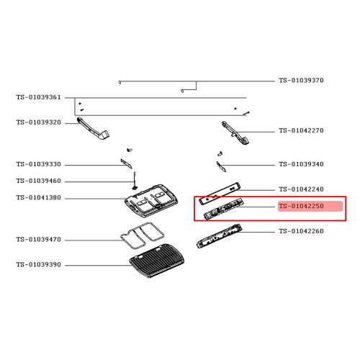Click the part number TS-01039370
click(x=301, y=80)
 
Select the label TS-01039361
click(x=39, y=97)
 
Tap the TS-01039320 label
click(x=39, y=122)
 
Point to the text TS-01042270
click(x=301, y=130)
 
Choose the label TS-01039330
click(x=39, y=164)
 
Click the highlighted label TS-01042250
click(x=301, y=206)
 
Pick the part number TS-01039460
click(x=39, y=181)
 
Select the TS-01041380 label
click(x=39, y=197)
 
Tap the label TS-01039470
click(x=39, y=240)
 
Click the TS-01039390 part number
click(x=39, y=264)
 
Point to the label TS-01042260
click(x=301, y=231)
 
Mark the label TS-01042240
click(x=301, y=189)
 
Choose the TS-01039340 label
click(x=301, y=164)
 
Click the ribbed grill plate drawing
click(x=157, y=261)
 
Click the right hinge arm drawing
click(x=236, y=133)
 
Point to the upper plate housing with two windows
click(x=152, y=201)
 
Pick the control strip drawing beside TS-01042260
click(x=219, y=236)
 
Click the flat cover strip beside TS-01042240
click(x=220, y=193)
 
